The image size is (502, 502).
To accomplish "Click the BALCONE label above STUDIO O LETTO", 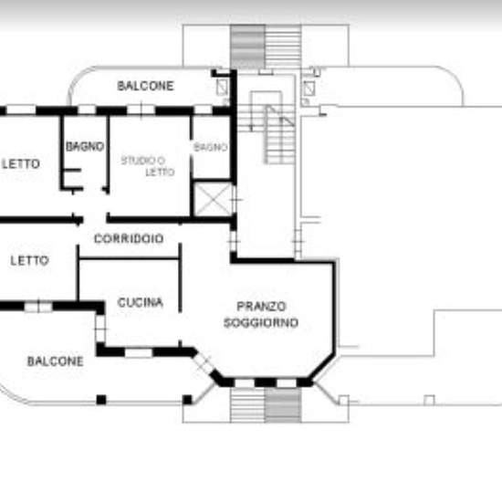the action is [145, 86].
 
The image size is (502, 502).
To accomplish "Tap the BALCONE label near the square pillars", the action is [55, 361].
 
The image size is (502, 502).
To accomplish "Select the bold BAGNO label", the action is [85, 147].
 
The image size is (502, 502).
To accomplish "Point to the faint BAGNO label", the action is [211, 147].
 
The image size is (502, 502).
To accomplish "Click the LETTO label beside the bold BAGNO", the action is [21, 164].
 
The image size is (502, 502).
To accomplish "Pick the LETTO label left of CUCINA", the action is [29, 261].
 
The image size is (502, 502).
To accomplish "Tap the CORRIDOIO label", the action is [129, 238].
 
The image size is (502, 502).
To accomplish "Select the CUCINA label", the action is [141, 302].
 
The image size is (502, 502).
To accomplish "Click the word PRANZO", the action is [261, 307].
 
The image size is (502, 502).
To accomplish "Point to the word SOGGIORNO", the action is [261, 323].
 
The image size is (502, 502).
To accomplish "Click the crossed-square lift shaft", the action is [213, 199].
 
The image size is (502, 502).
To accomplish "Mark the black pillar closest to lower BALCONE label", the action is [101, 400].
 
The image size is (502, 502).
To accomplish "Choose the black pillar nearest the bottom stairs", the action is [187, 400].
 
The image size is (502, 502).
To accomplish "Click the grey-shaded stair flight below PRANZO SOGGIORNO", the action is [283, 405].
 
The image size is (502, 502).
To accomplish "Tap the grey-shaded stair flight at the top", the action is [247, 47].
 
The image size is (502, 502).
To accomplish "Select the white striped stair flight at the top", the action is [283, 47].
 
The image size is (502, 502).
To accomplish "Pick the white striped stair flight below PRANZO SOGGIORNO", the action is [247, 405].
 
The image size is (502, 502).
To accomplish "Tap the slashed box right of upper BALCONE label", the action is [222, 88].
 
